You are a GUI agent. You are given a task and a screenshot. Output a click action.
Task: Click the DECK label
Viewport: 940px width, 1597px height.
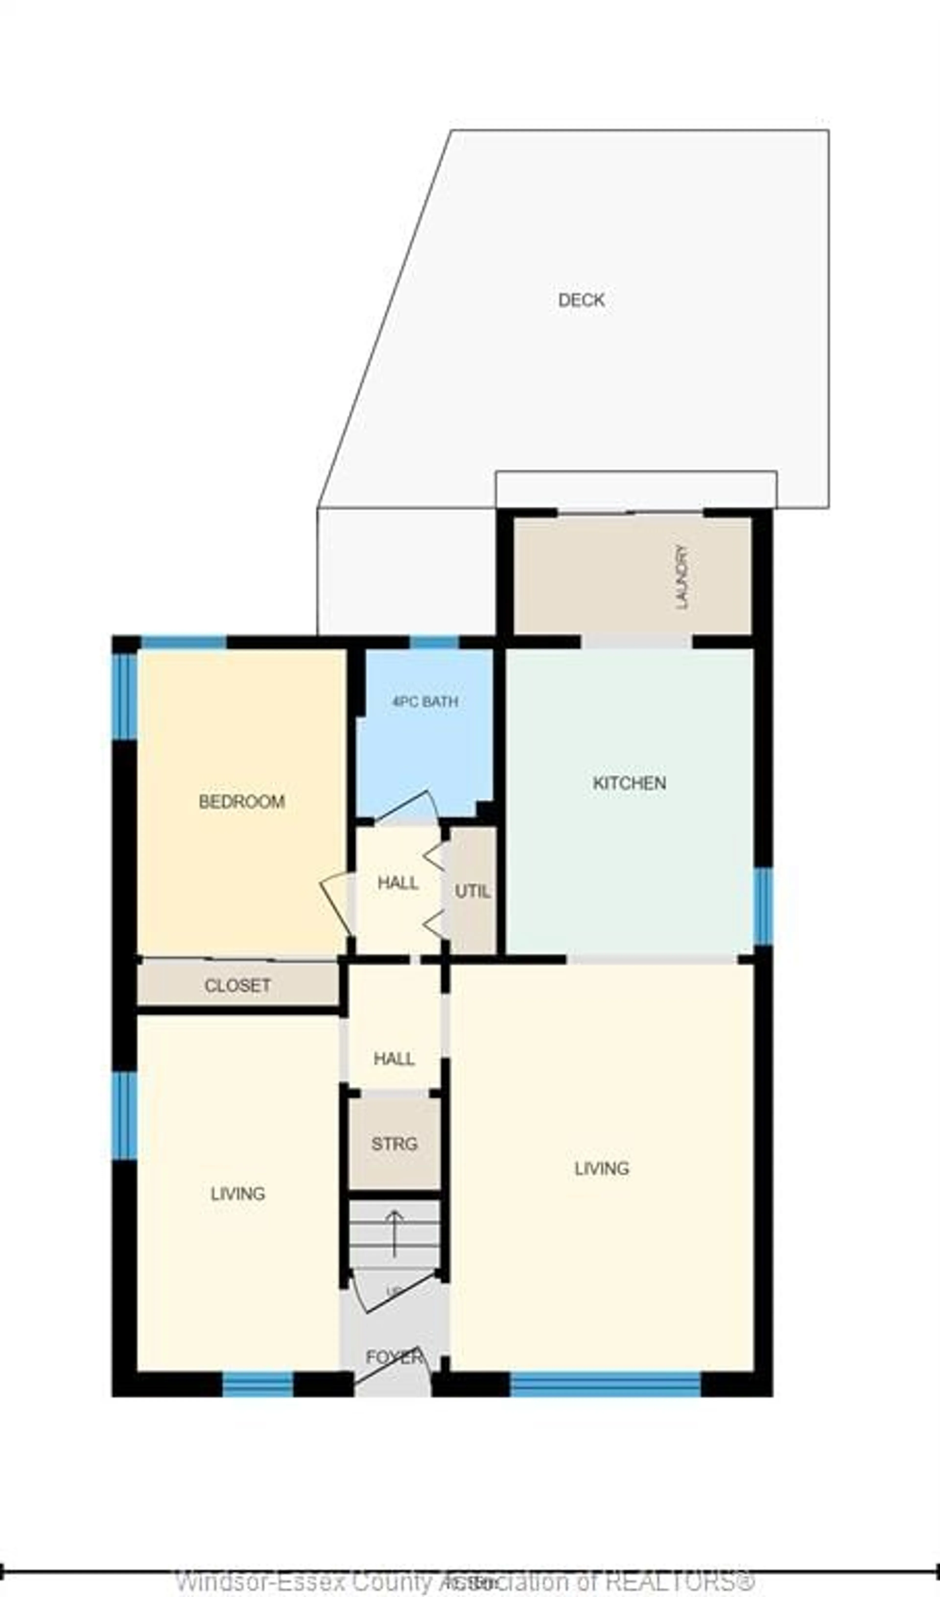coord(581,300)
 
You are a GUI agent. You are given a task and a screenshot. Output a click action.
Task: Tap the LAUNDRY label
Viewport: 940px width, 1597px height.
coord(682,577)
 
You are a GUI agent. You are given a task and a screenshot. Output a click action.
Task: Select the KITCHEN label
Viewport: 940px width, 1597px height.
coord(629,783)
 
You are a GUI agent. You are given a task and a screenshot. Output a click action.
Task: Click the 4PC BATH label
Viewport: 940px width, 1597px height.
coord(425,701)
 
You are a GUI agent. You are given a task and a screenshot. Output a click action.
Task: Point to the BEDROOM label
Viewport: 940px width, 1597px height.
coord(242,802)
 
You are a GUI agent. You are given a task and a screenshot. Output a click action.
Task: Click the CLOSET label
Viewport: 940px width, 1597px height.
coord(238,985)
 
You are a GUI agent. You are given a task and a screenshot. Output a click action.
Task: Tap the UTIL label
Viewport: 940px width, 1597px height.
coord(472,892)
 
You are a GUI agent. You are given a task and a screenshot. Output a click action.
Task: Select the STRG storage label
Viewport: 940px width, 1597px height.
coord(394,1144)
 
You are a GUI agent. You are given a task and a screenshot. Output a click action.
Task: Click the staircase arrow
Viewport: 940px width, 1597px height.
coord(394,1233)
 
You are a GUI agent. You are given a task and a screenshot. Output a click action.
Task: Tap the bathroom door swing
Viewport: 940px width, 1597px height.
coord(409,806)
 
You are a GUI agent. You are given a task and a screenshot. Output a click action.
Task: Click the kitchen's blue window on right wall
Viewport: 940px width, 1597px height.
coord(763,906)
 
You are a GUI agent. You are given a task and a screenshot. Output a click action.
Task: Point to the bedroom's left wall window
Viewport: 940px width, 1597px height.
coord(125,696)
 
